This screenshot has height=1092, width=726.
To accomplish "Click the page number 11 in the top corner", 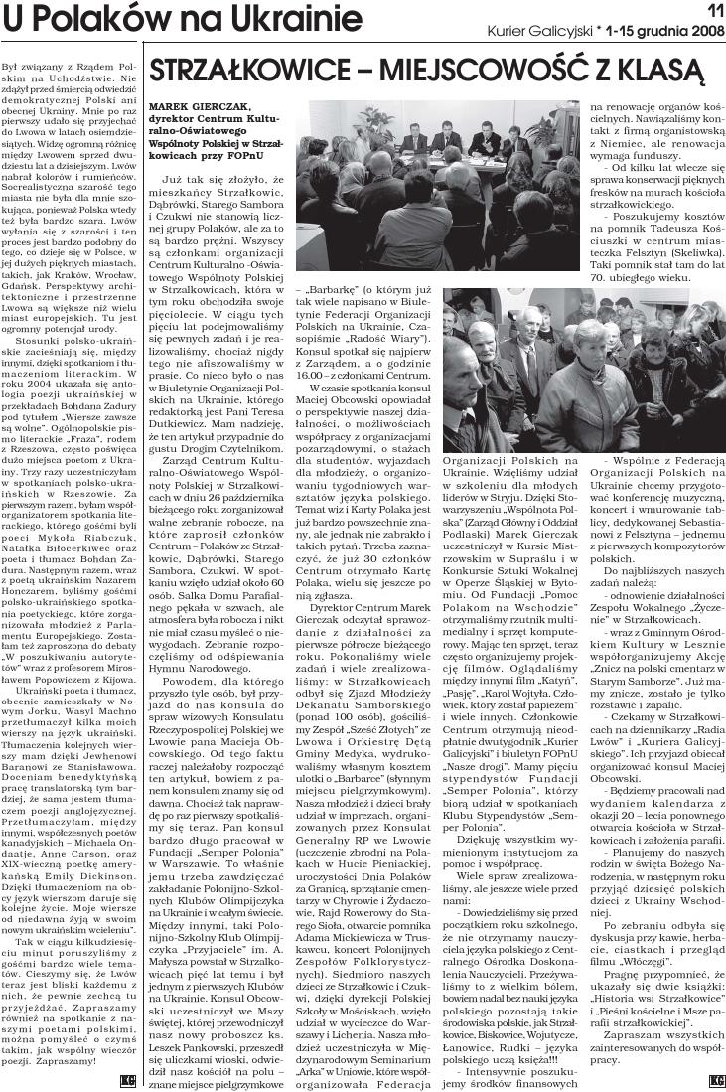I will pos(711,10).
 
